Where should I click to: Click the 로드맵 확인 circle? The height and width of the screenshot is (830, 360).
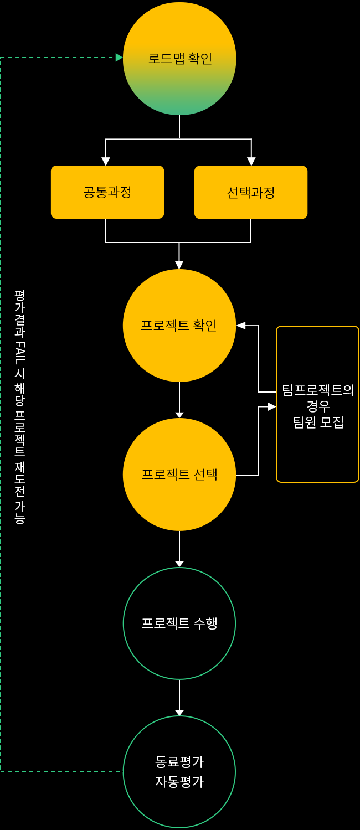(179, 59)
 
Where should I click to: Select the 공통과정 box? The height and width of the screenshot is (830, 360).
(107, 192)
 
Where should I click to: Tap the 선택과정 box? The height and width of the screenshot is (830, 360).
(251, 192)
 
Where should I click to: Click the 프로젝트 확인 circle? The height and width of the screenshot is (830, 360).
(179, 326)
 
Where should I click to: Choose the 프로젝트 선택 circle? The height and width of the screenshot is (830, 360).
(179, 475)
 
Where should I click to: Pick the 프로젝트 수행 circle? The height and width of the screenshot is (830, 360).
(179, 623)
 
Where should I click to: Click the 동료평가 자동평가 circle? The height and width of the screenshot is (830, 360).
(179, 772)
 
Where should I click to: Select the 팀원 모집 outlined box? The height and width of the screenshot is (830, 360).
(317, 404)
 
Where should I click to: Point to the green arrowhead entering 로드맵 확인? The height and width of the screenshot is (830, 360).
(119, 58)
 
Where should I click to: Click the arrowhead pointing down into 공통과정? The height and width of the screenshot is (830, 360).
(106, 161)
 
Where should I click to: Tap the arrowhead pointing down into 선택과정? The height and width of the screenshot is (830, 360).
(251, 161)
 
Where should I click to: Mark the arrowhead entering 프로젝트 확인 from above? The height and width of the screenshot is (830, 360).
(179, 265)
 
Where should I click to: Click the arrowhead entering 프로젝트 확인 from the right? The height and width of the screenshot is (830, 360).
(241, 326)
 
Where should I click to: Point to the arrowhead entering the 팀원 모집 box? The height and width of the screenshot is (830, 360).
(271, 407)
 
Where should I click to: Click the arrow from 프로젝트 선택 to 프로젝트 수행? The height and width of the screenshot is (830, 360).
(179, 549)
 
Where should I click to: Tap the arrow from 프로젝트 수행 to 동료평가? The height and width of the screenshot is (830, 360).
(179, 698)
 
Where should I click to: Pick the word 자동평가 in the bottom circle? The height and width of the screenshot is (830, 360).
(179, 782)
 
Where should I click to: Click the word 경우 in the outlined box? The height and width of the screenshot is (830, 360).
(318, 406)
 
